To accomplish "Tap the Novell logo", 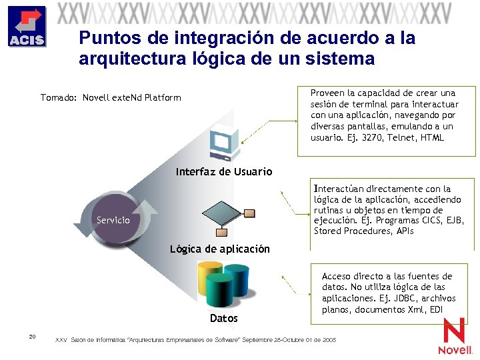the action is (x=455, y=337).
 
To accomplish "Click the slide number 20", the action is (x=32, y=336).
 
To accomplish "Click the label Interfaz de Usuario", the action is (x=224, y=172).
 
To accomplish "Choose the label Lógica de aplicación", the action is (x=220, y=249).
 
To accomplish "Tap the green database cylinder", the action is (x=219, y=291).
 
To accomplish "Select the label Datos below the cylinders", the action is (x=224, y=319).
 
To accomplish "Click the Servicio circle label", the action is (x=113, y=220).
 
